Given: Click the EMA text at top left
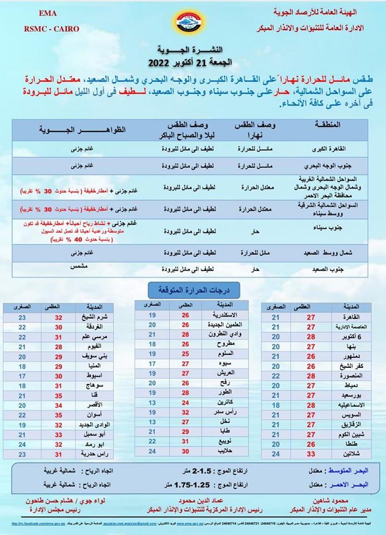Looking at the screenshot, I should [x=51, y=13].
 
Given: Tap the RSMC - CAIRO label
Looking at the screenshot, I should [x=51, y=28].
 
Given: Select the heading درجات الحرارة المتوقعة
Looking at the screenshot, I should [x=193, y=290].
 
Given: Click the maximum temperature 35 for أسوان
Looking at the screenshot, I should [x=58, y=415].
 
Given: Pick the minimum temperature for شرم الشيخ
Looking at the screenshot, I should [x=22, y=318].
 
